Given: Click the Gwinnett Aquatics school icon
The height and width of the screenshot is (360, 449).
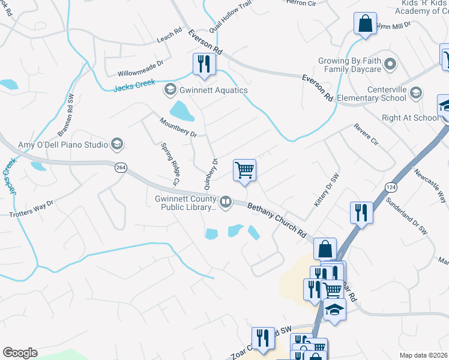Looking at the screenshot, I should [170, 90].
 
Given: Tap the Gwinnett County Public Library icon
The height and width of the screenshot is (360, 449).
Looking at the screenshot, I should [226, 202].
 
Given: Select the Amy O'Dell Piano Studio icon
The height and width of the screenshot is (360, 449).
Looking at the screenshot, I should [116, 144].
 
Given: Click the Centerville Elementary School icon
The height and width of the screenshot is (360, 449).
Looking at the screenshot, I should [416, 92].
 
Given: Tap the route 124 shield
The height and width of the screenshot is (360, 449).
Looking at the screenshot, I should [391, 187].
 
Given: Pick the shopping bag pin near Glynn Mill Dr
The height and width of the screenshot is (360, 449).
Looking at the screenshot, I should [365, 24].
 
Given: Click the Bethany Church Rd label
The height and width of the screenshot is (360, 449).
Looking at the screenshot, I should [277, 220].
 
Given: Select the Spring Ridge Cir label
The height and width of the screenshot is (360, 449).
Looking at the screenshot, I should [170, 164].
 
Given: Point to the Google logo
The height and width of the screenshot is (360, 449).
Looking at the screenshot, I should [20, 353].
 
